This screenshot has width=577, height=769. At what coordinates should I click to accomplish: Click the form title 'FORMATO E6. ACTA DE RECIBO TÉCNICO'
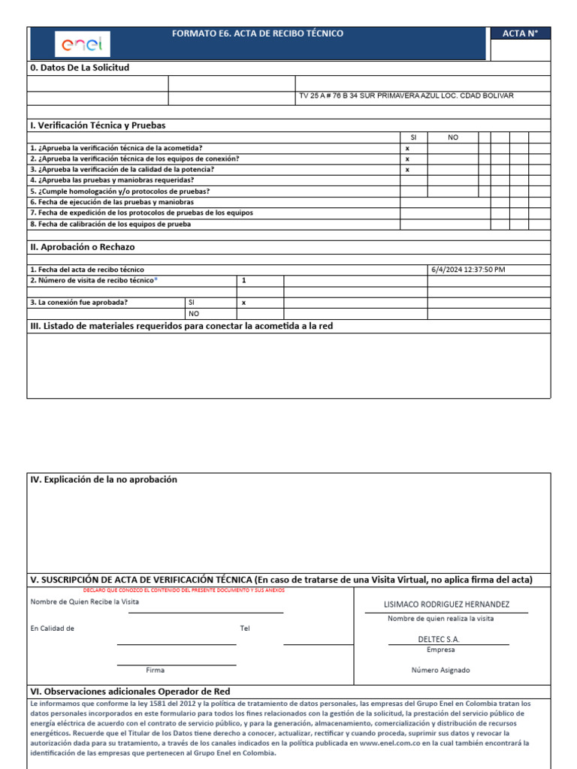[x=258, y=34]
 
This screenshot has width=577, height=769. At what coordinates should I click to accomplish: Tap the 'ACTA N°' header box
[x=520, y=34]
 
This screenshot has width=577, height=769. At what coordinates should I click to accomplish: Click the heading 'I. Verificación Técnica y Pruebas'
[x=98, y=125]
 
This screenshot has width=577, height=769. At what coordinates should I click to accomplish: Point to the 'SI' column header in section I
[x=412, y=137]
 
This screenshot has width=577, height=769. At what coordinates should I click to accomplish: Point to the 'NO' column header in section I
[x=452, y=137]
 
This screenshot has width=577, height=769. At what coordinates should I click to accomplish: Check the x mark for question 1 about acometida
[x=407, y=149]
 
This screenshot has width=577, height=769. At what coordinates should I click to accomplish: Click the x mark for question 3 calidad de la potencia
[x=407, y=170]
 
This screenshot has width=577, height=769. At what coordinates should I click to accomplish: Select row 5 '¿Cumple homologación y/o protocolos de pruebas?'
[x=119, y=191]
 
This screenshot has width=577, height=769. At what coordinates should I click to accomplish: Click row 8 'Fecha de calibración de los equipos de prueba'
[x=110, y=224]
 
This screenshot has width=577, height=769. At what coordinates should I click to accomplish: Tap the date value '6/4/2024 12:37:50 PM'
[x=469, y=270]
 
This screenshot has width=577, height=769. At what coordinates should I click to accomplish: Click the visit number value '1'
[x=243, y=280]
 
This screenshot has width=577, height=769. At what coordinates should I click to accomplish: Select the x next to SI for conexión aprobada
[x=243, y=302]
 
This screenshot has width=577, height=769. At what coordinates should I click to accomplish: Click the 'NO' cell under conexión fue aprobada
[x=194, y=313]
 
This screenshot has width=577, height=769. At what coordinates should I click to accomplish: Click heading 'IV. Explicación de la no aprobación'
[x=104, y=479]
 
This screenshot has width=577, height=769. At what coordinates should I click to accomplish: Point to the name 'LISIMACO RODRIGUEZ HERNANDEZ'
[x=446, y=605]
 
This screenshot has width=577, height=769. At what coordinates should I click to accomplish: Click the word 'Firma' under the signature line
[x=155, y=670]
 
